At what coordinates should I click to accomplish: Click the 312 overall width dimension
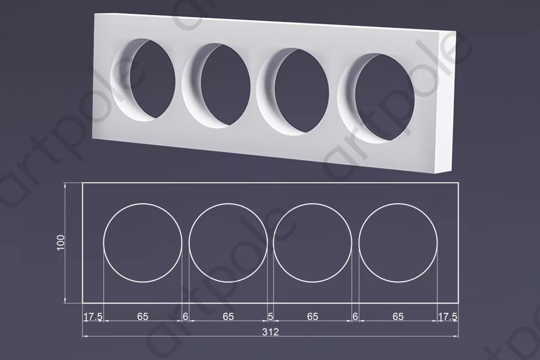click(x=270, y=332)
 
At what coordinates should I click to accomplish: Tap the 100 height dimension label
click(x=61, y=243)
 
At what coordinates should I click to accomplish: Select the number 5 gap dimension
click(x=270, y=317)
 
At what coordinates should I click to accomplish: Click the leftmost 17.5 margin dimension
click(x=93, y=317)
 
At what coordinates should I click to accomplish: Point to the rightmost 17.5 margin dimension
click(x=448, y=317)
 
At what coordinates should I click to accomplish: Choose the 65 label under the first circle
click(x=143, y=317)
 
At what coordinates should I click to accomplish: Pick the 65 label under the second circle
click(x=228, y=317)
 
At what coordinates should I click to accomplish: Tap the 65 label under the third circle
click(x=312, y=317)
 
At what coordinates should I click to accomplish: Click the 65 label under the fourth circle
click(x=398, y=317)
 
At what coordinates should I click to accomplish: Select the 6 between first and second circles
click(x=185, y=317)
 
